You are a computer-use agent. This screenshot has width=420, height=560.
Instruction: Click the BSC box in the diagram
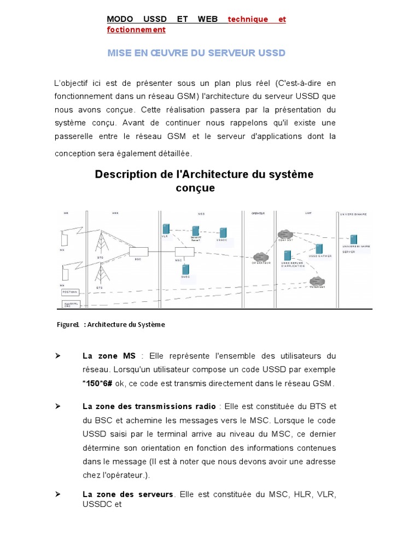point(138,252)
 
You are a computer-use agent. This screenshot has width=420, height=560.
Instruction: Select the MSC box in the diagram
point(184,252)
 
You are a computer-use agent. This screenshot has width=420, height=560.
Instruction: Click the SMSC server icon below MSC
point(185,270)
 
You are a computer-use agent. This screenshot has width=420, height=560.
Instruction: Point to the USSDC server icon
point(223,232)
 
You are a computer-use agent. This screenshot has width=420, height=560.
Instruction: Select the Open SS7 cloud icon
point(285,234)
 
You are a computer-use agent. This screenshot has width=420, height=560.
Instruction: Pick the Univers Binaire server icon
point(354,239)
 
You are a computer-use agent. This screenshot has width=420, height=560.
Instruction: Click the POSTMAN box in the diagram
point(71,291)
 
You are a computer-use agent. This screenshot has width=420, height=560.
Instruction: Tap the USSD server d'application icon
point(287,255)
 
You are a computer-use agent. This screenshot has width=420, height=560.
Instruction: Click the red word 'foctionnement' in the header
point(136,30)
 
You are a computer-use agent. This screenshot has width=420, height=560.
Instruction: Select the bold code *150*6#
point(98,383)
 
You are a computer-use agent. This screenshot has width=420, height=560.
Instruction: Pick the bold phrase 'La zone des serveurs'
point(127,494)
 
